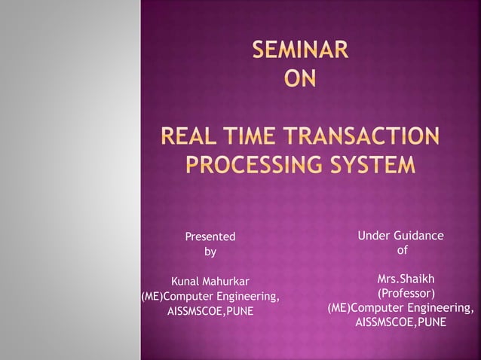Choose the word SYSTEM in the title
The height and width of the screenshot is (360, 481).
point(375,163)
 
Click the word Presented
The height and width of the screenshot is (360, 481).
point(210,236)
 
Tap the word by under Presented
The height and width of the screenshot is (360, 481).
point(210,252)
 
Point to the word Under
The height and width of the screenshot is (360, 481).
point(373,236)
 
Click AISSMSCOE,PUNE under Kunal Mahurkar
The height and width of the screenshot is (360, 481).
point(210,310)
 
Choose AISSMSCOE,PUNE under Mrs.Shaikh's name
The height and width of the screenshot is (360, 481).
point(400,322)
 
